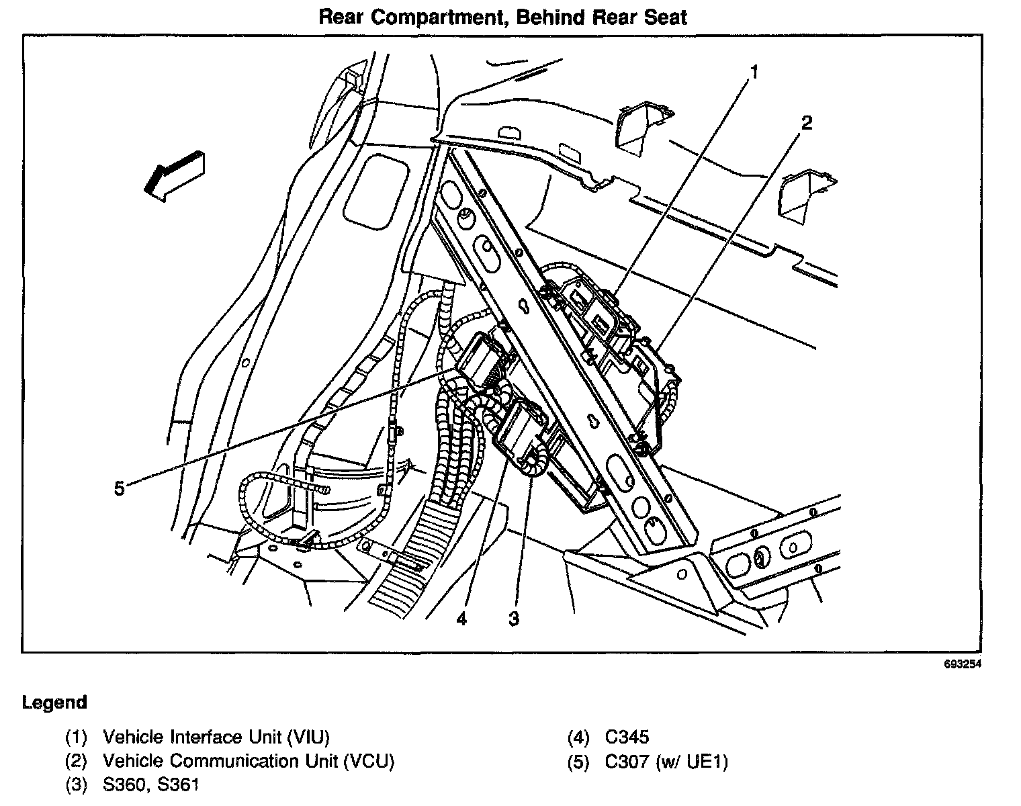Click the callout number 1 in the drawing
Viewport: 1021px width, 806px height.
click(754, 72)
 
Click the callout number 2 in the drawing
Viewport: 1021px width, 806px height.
click(806, 123)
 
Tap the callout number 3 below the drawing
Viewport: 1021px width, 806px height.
click(514, 619)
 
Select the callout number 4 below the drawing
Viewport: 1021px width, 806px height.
click(461, 619)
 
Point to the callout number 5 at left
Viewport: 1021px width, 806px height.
click(119, 488)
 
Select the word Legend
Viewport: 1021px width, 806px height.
click(54, 703)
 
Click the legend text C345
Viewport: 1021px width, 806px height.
click(627, 737)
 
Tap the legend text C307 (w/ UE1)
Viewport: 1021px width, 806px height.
click(666, 762)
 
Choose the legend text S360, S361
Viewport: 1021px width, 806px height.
click(151, 785)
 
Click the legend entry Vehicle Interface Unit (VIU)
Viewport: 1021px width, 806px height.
click(216, 737)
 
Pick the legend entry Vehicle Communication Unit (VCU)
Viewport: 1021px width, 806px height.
click(249, 762)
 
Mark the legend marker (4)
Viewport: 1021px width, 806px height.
click(578, 737)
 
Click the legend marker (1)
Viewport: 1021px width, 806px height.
click(76, 737)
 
